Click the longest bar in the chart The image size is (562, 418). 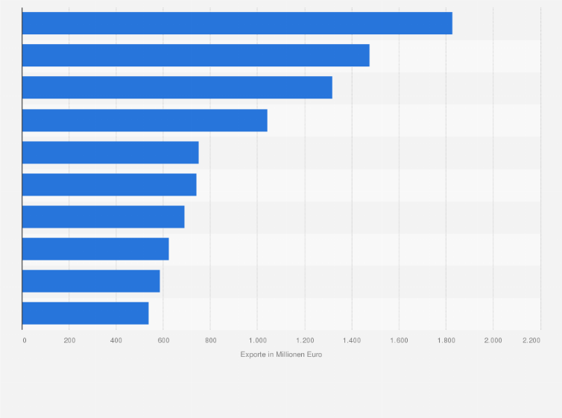pos(237,23)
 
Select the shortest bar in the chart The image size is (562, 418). pos(86,313)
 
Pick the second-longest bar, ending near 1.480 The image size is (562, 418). pos(195,55)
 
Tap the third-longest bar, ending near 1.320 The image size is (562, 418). pos(177,87)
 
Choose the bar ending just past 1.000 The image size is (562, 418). pos(145,120)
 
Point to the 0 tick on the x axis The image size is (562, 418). pos(24,340)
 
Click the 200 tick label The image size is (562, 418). pos(69,340)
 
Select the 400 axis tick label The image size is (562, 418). pos(116,340)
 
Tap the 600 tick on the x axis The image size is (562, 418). pos(163,340)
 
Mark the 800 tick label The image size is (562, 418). pos(210,340)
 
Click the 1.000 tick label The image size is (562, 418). pos(257,340)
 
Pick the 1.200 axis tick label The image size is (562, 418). pos(304,340)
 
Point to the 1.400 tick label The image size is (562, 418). pos(352,340)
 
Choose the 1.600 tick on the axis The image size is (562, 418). pos(399,340)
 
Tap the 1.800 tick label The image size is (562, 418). pos(446,340)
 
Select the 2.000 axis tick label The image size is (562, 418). pos(493,340)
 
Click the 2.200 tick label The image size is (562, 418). pos(531,340)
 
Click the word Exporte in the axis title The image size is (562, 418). pos(253,355)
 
